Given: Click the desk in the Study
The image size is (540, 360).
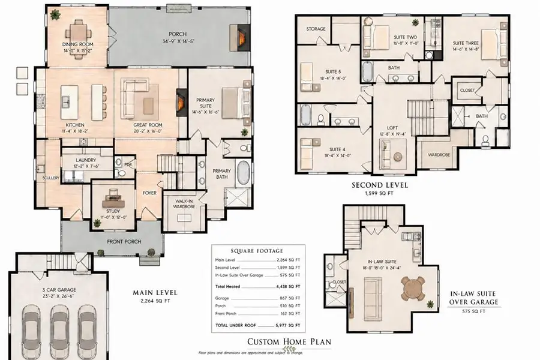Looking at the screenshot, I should coord(113,196).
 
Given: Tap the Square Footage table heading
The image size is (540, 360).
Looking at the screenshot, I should coord(257,250).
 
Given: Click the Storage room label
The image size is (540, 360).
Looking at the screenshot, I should coord(316,29).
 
